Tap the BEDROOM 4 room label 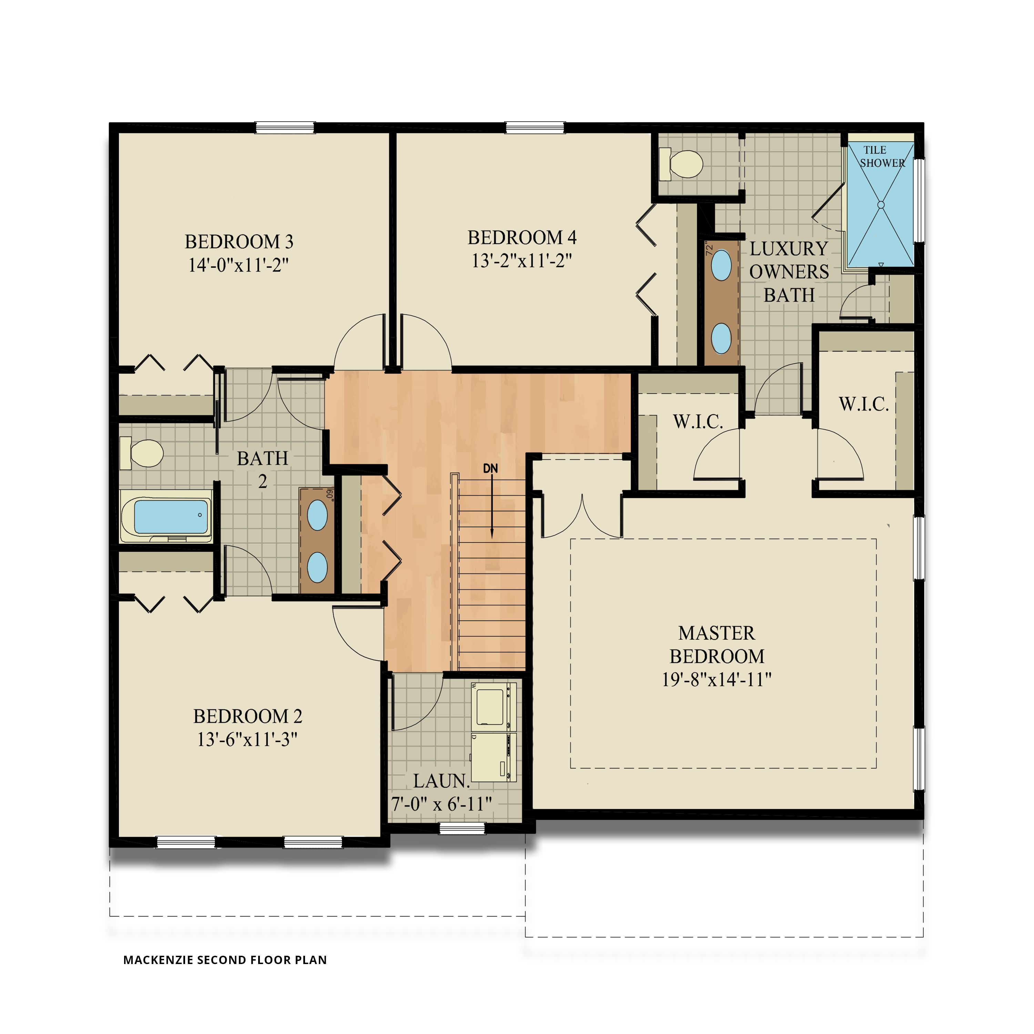pos(522,237)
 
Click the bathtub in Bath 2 pos(170,516)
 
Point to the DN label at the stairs pos(490,469)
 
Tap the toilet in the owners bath pos(682,164)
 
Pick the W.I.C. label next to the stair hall pos(698,422)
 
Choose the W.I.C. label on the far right pos(863,404)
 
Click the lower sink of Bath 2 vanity pos(317,567)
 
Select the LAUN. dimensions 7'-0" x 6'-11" pos(442,804)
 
